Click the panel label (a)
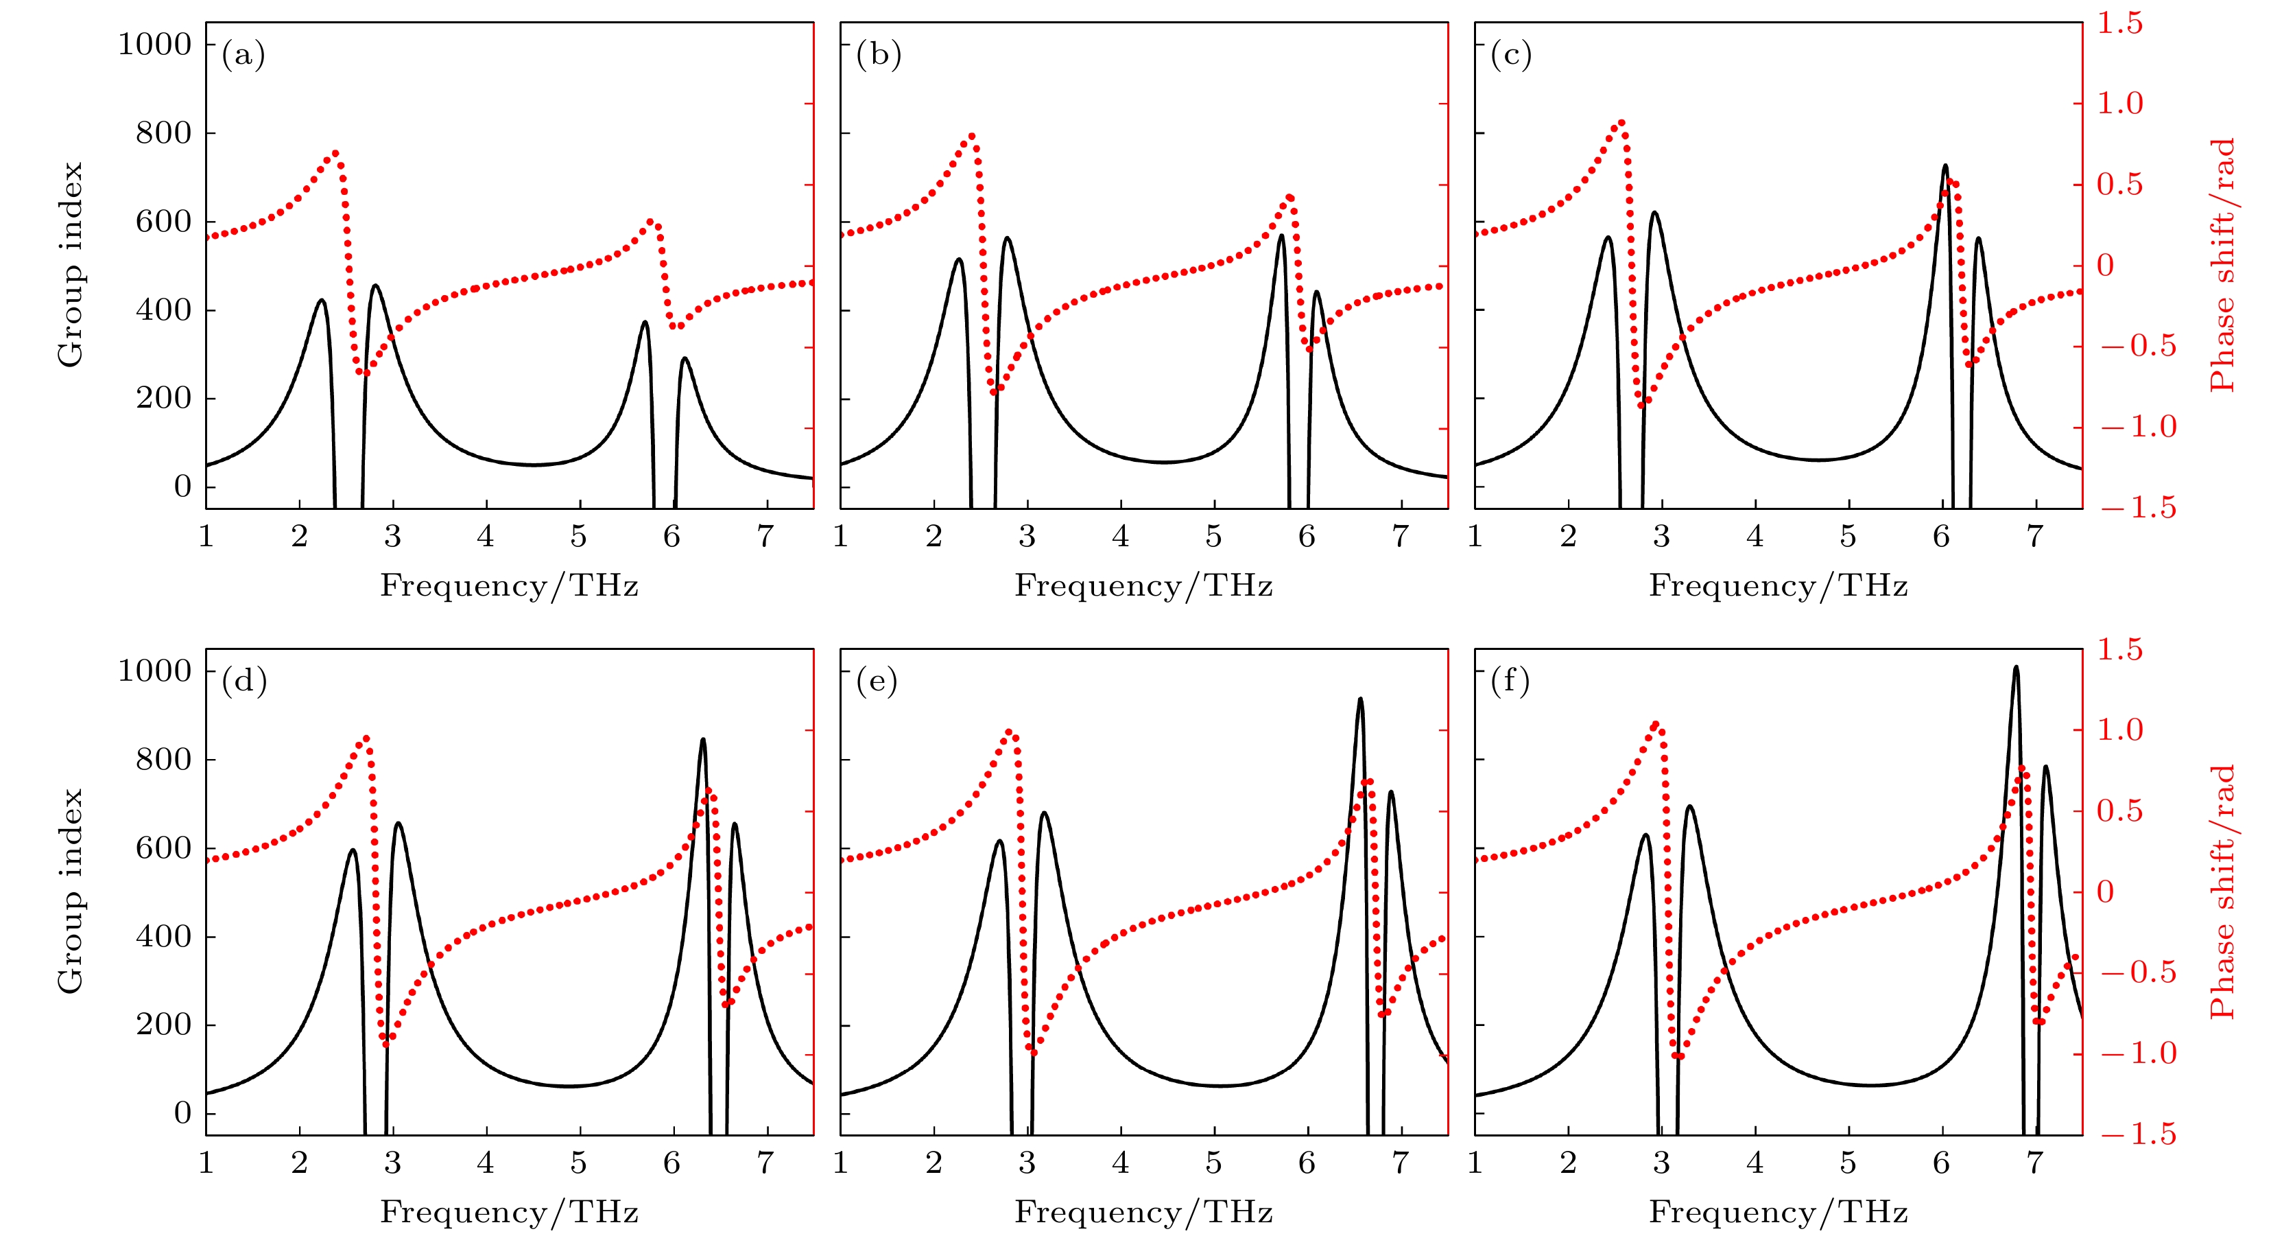[243, 56]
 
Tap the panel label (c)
[1511, 56]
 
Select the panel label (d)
[244, 681]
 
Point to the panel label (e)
[877, 681]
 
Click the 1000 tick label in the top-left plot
[155, 44]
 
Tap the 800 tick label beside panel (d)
[163, 759]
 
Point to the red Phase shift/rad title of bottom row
[2223, 891]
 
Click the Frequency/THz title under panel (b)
[1143, 586]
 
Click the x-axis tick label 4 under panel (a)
[486, 537]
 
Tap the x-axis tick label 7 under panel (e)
[1400, 1163]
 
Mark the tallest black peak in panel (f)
[2016, 668]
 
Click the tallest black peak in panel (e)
[1359, 699]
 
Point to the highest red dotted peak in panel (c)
[1621, 122]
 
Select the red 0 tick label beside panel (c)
[2105, 266]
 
